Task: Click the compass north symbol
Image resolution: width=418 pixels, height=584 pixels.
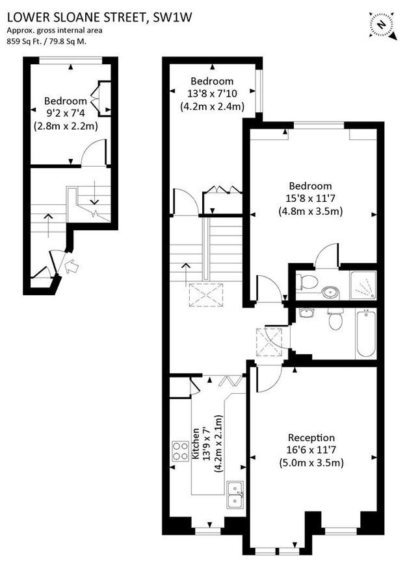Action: [x=383, y=24]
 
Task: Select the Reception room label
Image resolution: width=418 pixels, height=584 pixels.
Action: [x=311, y=438]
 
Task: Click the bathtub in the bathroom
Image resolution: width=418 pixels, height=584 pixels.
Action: [x=366, y=333]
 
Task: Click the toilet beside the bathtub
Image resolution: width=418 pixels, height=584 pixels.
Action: [x=335, y=321]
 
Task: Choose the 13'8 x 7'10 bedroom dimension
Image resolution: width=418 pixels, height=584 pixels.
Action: [x=212, y=93]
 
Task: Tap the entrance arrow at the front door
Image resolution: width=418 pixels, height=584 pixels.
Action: [x=70, y=265]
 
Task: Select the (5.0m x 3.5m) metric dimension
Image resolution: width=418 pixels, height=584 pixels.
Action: [x=311, y=463]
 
